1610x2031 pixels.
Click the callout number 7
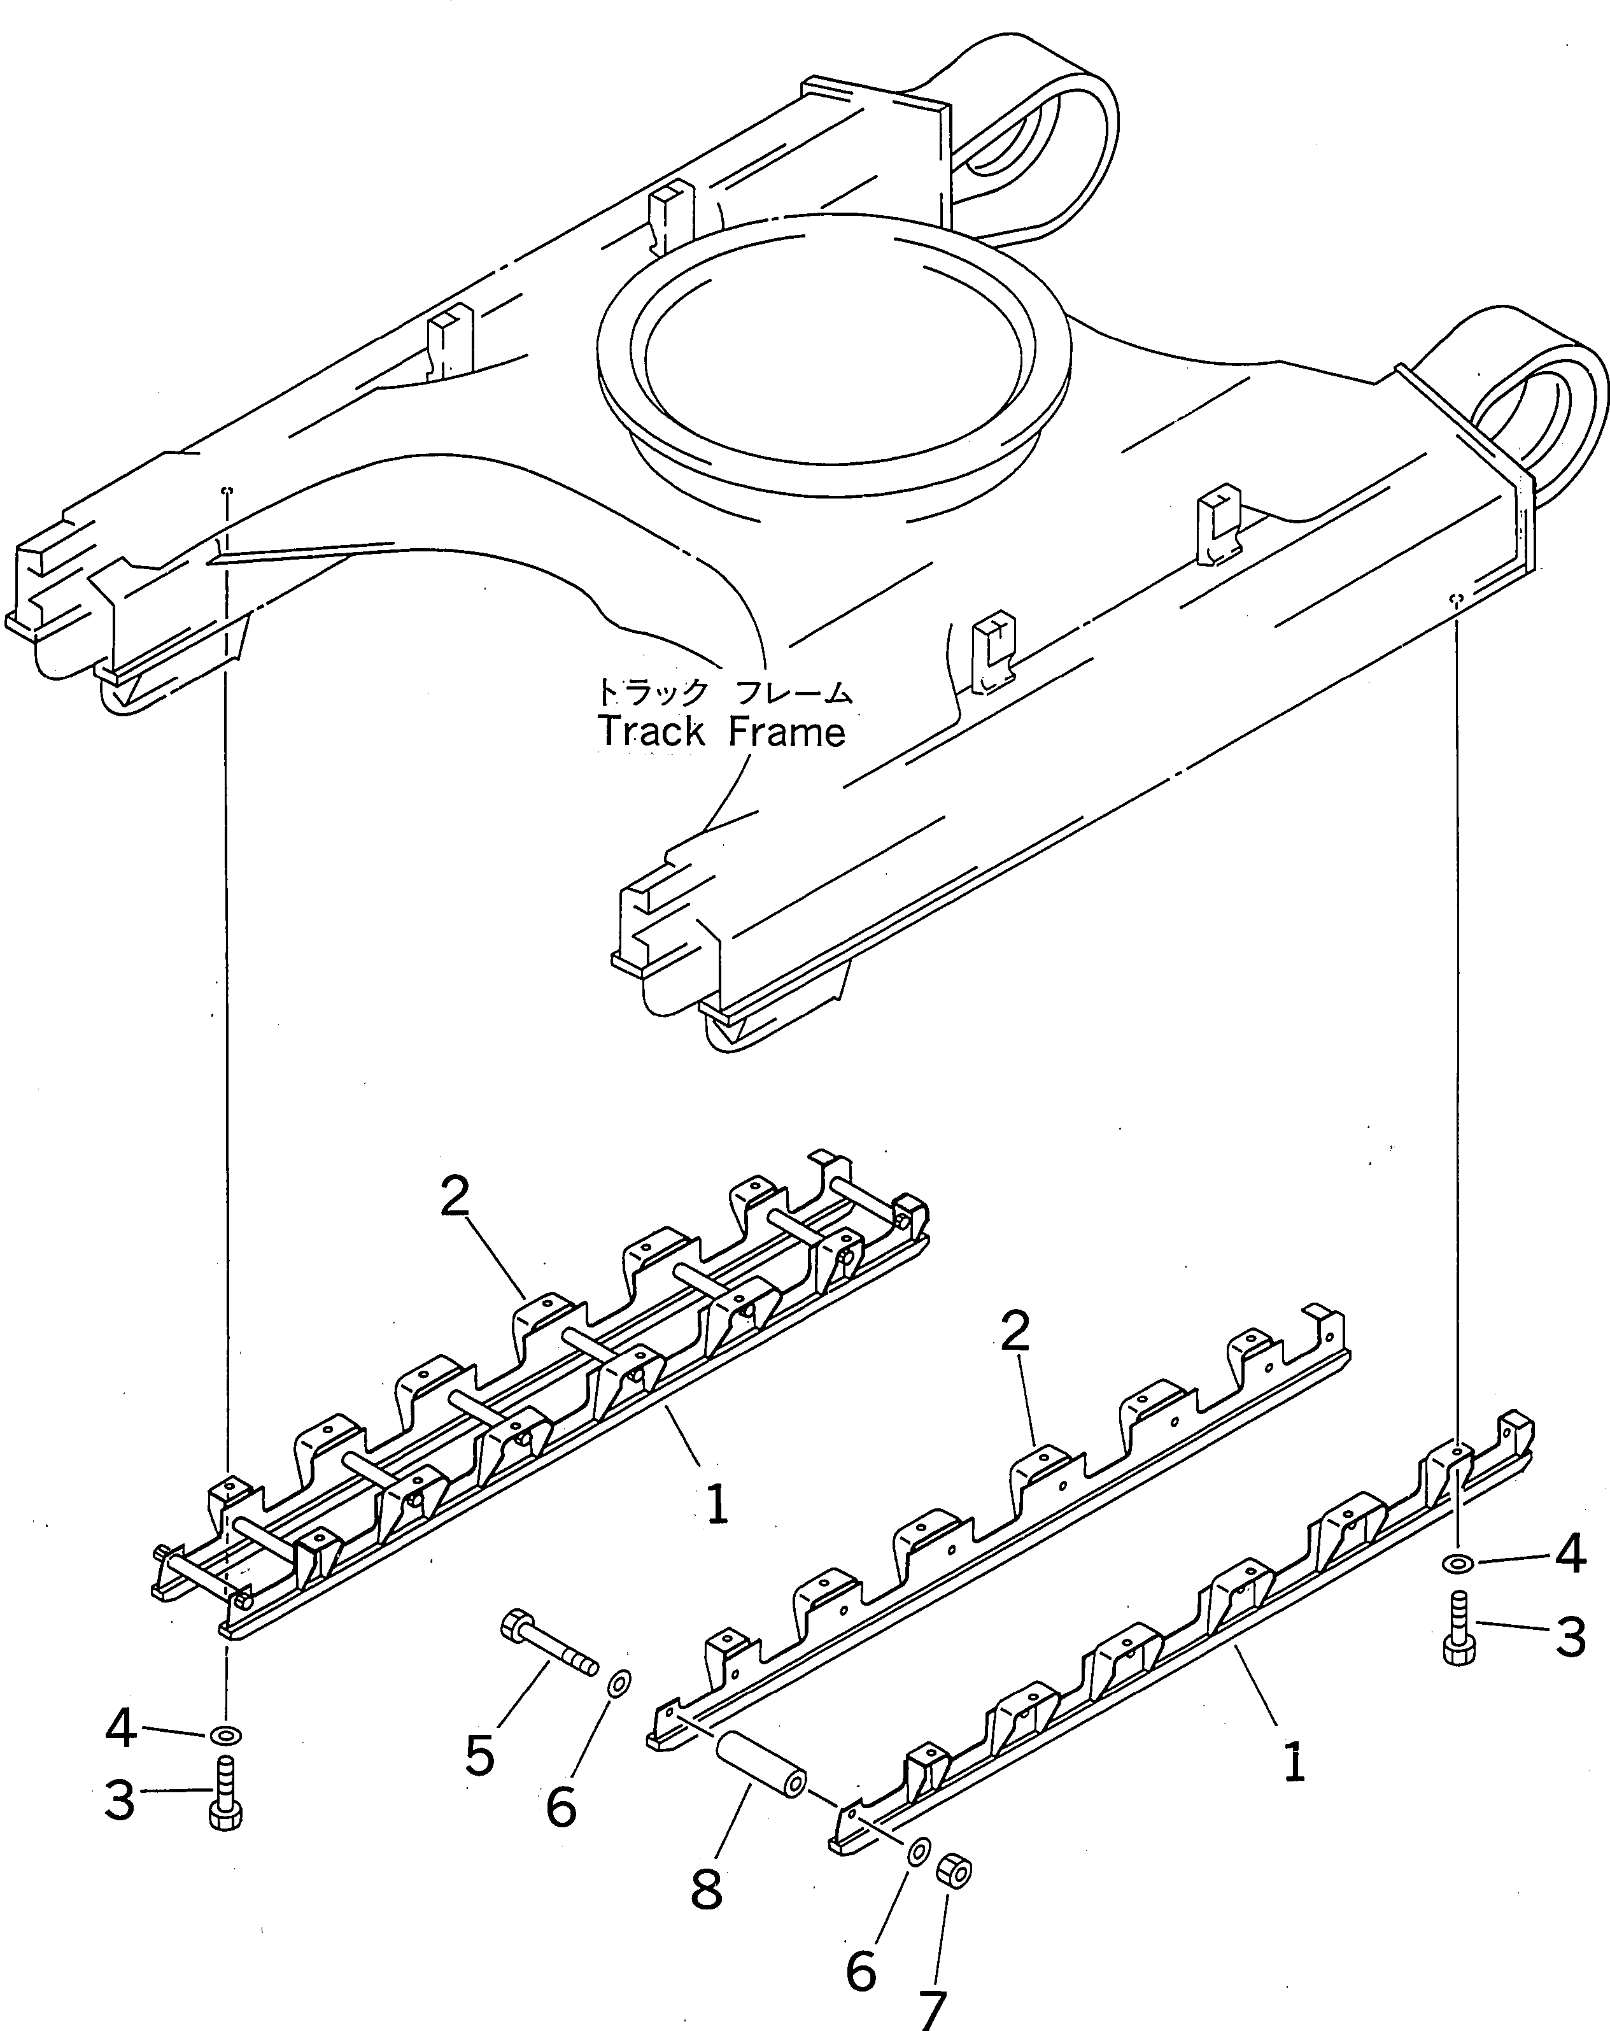(931, 2008)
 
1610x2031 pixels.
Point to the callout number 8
(707, 1890)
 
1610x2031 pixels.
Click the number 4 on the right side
(1569, 1553)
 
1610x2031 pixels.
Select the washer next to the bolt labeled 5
(619, 1683)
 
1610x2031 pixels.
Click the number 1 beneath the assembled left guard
(717, 1504)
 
